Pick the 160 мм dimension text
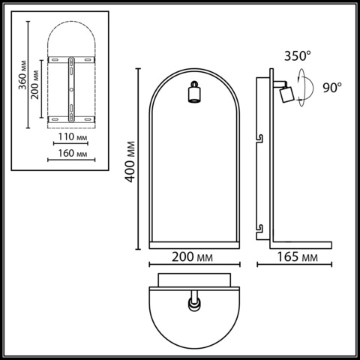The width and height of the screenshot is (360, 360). coord(72,154)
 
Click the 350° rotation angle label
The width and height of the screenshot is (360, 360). coord(296,55)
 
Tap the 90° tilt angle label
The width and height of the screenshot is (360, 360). coord(331,87)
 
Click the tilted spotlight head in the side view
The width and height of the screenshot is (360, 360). coord(286,93)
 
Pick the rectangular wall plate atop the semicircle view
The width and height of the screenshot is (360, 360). coord(195,280)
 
